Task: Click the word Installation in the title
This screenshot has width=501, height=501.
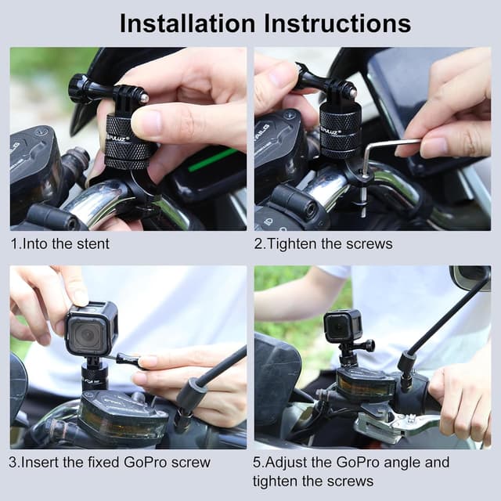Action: click(x=188, y=23)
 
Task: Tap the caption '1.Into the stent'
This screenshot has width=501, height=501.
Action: click(x=59, y=243)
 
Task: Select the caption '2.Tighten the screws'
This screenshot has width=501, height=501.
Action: click(x=323, y=243)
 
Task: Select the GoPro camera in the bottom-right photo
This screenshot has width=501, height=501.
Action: click(x=344, y=326)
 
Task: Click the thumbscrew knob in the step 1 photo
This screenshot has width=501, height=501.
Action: click(x=78, y=88)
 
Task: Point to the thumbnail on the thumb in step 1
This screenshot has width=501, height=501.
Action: click(x=146, y=123)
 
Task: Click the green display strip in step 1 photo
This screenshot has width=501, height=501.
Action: click(x=211, y=159)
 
